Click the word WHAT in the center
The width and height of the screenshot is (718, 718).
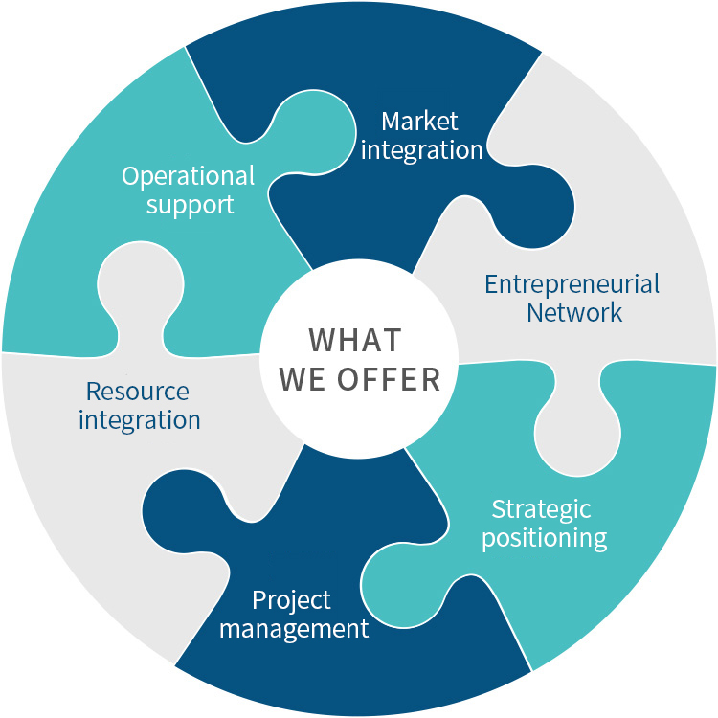pos(354,341)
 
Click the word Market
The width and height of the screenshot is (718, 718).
pos(419,122)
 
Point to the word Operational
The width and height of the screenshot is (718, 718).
pos(189,177)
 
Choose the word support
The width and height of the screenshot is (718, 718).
pos(190,205)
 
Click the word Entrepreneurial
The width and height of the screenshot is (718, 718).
pos(572,285)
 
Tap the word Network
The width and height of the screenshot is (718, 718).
pos(574,313)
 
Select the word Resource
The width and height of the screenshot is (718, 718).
pos(138,392)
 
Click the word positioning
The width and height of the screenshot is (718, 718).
pos(544,537)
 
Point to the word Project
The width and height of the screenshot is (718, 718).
pos(291,599)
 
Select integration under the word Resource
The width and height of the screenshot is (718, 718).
pos(140,419)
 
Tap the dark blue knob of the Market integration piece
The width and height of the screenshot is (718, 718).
pos(537,207)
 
